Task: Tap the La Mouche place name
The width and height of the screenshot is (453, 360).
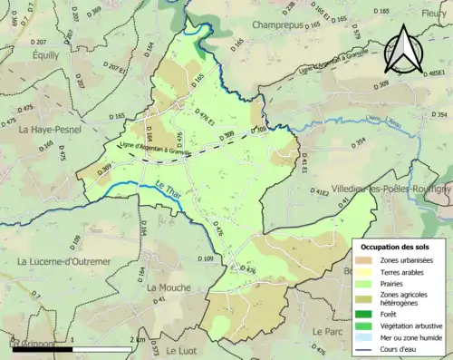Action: tap(169, 287)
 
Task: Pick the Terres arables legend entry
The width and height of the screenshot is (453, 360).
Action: tap(405, 271)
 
